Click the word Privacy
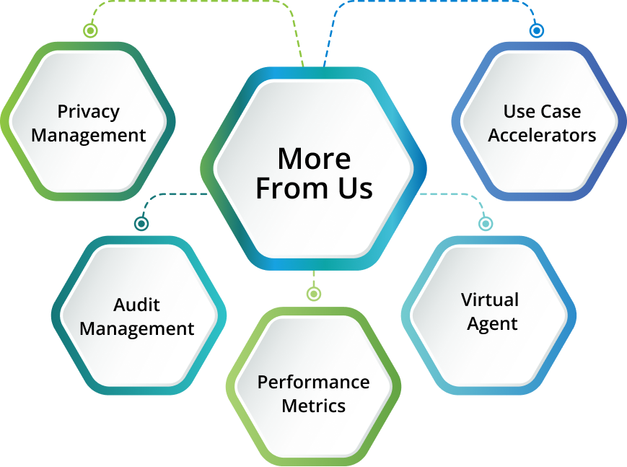pyautogui.click(x=89, y=112)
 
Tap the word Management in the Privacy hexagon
pyautogui.click(x=89, y=135)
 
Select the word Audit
pyautogui.click(x=137, y=305)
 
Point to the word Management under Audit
pyautogui.click(x=137, y=329)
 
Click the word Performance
pyautogui.click(x=314, y=382)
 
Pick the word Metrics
pyautogui.click(x=314, y=406)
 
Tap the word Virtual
pyautogui.click(x=491, y=300)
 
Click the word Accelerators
pyautogui.click(x=542, y=135)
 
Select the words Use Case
pyautogui.click(x=542, y=112)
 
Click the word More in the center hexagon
pyautogui.click(x=314, y=158)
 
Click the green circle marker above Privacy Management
pyautogui.click(x=90, y=30)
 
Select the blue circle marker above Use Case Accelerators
pyautogui.click(x=536, y=30)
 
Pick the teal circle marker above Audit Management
pyautogui.click(x=141, y=224)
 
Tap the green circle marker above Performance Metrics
pyautogui.click(x=313, y=294)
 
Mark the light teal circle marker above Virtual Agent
pyautogui.click(x=486, y=224)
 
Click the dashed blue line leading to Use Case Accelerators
pyautogui.click(x=433, y=2)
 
